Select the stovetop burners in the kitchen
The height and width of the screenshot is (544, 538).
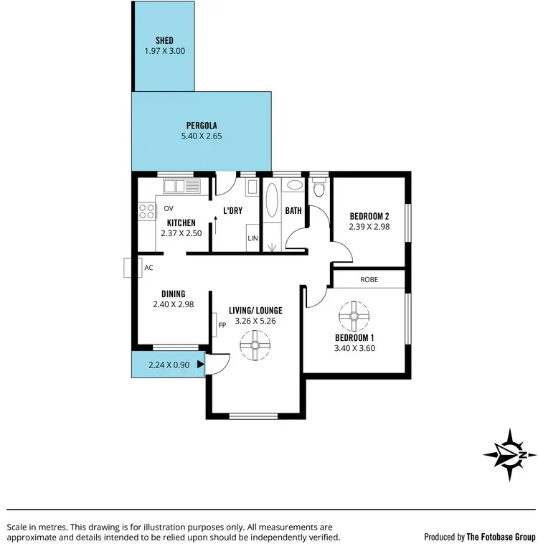147,211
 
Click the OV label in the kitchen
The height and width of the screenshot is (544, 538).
169,209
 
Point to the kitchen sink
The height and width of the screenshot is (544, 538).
184,187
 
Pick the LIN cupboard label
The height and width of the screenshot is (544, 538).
253,238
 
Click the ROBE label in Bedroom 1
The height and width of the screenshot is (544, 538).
369,279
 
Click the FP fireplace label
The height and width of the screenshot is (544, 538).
222,325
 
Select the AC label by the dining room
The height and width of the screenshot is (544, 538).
149,268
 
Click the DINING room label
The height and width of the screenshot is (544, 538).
174,294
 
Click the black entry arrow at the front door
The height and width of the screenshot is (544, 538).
201,365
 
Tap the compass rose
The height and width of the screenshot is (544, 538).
509,454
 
